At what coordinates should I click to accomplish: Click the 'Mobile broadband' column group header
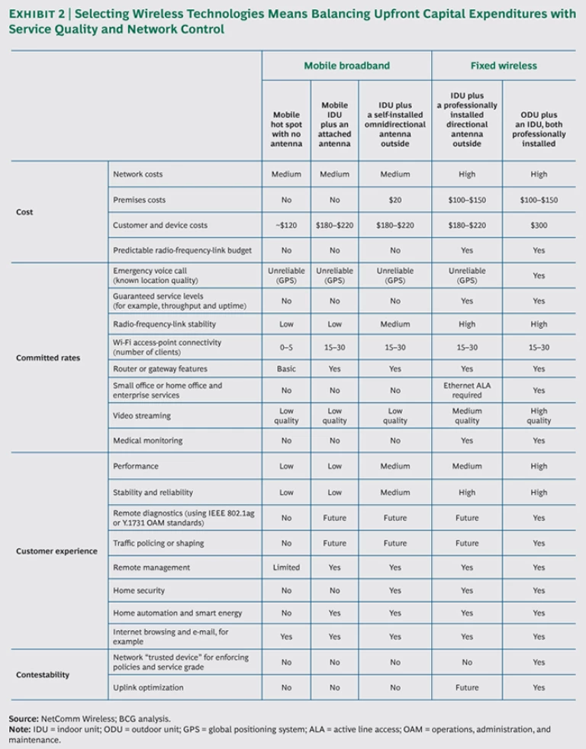pyautogui.click(x=346, y=66)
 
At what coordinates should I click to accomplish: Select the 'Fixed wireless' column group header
pyautogui.click(x=503, y=66)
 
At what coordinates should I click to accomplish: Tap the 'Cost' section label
pyautogui.click(x=24, y=212)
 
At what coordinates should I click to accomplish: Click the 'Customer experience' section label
pyautogui.click(x=46, y=551)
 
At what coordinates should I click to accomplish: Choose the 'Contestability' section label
pyautogui.click(x=43, y=674)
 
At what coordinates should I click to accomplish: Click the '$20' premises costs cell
pyautogui.click(x=394, y=200)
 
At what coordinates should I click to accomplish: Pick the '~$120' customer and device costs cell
pyautogui.click(x=286, y=225)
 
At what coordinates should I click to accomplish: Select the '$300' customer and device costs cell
pyautogui.click(x=539, y=225)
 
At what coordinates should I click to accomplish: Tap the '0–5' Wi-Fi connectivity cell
pyautogui.click(x=286, y=347)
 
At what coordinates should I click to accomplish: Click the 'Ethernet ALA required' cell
pyautogui.click(x=467, y=391)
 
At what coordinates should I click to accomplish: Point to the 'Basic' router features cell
pyautogui.click(x=286, y=368)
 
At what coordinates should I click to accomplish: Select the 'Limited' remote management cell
pyautogui.click(x=286, y=567)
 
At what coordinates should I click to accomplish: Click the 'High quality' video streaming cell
pyautogui.click(x=539, y=416)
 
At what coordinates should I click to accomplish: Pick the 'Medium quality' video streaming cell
pyautogui.click(x=467, y=416)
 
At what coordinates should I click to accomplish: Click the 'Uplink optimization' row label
pyautogui.click(x=148, y=687)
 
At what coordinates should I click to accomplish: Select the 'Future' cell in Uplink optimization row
pyautogui.click(x=467, y=687)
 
